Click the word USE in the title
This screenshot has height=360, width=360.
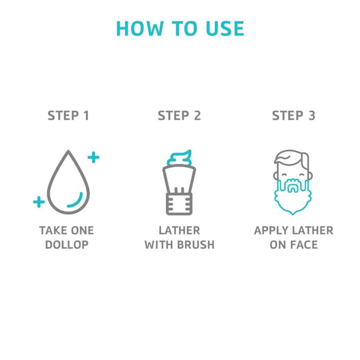[x=225, y=28]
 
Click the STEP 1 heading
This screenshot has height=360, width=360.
[x=68, y=116]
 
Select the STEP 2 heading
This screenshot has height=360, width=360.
[x=179, y=116]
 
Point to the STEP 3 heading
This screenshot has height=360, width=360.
[x=293, y=116]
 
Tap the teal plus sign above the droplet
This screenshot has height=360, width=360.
[x=93, y=157]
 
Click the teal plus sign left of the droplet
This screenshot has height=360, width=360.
[x=39, y=202]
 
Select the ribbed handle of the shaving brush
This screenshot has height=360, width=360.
[x=179, y=204]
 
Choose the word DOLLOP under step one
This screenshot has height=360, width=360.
[x=67, y=245]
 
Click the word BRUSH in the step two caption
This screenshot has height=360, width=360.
[x=196, y=245]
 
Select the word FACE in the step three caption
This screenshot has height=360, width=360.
[x=304, y=245]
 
